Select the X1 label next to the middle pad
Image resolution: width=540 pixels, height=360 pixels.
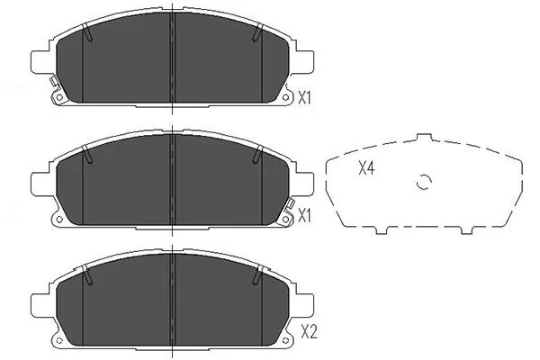304,216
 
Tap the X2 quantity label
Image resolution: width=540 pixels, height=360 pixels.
310,331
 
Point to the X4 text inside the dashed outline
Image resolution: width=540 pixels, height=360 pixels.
366,167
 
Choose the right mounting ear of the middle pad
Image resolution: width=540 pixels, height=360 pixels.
304,180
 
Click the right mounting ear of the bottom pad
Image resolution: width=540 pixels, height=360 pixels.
304,297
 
